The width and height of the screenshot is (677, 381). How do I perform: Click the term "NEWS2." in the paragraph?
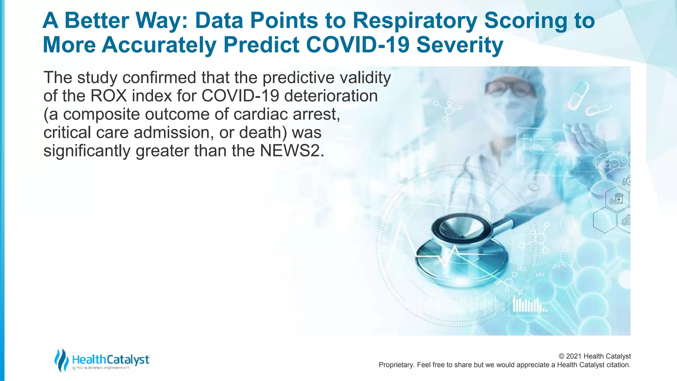click(x=292, y=151)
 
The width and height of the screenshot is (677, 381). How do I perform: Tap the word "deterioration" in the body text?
click(x=331, y=96)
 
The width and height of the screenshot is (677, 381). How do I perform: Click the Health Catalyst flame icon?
click(x=61, y=360)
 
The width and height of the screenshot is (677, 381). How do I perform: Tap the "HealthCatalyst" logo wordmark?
click(x=111, y=360)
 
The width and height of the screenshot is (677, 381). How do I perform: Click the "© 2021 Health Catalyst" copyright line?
click(x=594, y=356)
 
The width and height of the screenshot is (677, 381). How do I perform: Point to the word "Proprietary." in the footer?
click(x=396, y=365)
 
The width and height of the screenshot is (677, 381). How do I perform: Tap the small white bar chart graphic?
click(x=529, y=304)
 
